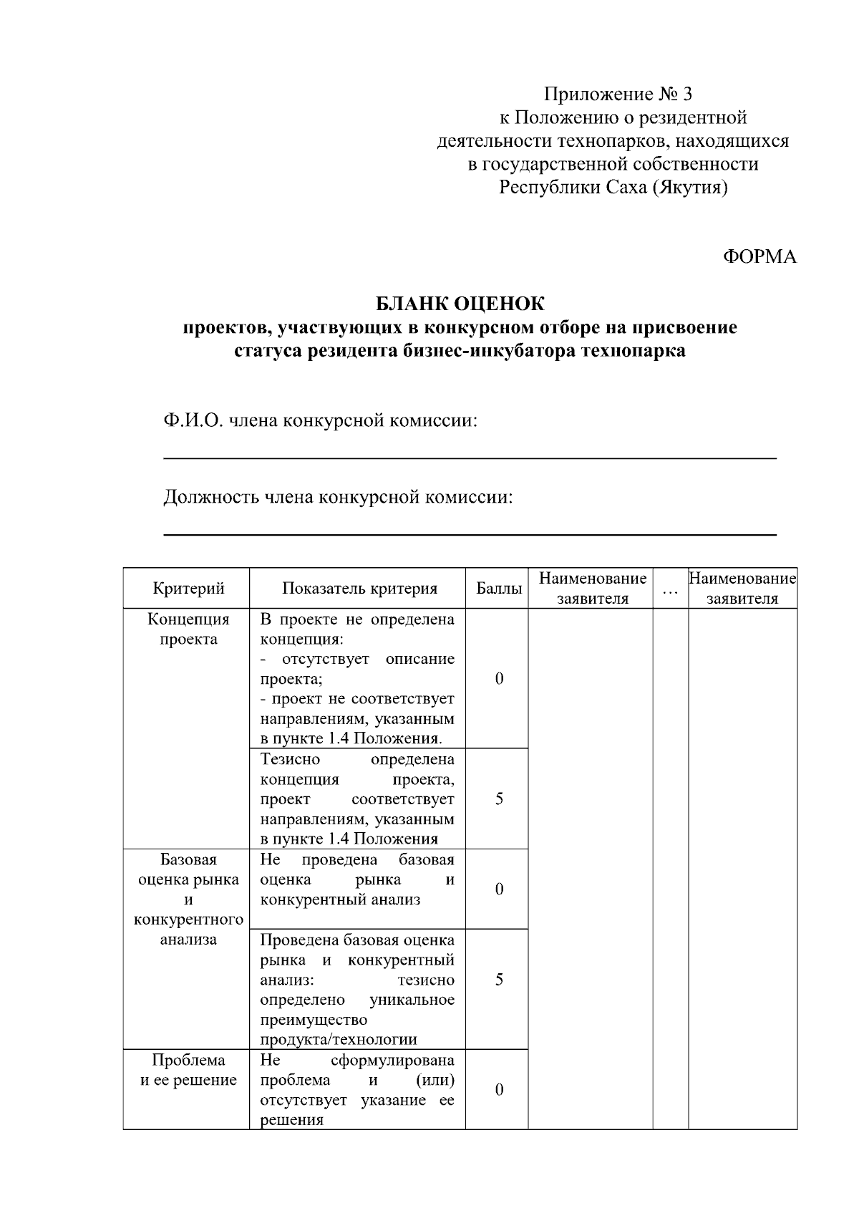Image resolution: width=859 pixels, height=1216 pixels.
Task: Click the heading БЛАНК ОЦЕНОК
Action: click(x=460, y=304)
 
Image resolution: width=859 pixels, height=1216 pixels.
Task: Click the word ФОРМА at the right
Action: click(x=759, y=257)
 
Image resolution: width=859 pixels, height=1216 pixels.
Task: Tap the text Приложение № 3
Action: click(x=618, y=94)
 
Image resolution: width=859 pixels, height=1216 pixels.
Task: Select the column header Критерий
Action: click(x=188, y=589)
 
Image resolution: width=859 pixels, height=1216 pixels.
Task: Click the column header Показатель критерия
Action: click(x=359, y=589)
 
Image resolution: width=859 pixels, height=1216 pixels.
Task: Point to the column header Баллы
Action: click(x=499, y=589)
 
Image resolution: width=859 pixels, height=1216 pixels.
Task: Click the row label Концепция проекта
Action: click(x=188, y=629)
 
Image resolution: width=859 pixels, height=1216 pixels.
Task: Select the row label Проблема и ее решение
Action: click(x=188, y=1070)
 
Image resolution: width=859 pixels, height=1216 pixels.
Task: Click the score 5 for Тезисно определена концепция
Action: click(x=499, y=798)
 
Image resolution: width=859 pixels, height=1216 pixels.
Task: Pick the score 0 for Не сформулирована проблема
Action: click(x=499, y=1089)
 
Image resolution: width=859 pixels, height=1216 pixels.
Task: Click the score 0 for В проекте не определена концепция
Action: click(x=499, y=678)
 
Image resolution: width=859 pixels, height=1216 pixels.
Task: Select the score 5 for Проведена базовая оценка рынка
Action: click(x=499, y=979)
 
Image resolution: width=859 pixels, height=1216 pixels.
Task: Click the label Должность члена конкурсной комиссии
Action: click(x=338, y=496)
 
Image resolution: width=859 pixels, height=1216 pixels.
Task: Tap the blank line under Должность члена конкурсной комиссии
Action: click(x=470, y=534)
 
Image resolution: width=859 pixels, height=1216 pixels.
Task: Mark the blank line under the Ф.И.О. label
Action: click(x=470, y=458)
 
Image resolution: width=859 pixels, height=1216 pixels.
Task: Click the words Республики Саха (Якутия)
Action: click(x=613, y=188)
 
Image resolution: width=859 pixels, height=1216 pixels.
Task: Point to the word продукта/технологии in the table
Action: click(x=338, y=1039)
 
